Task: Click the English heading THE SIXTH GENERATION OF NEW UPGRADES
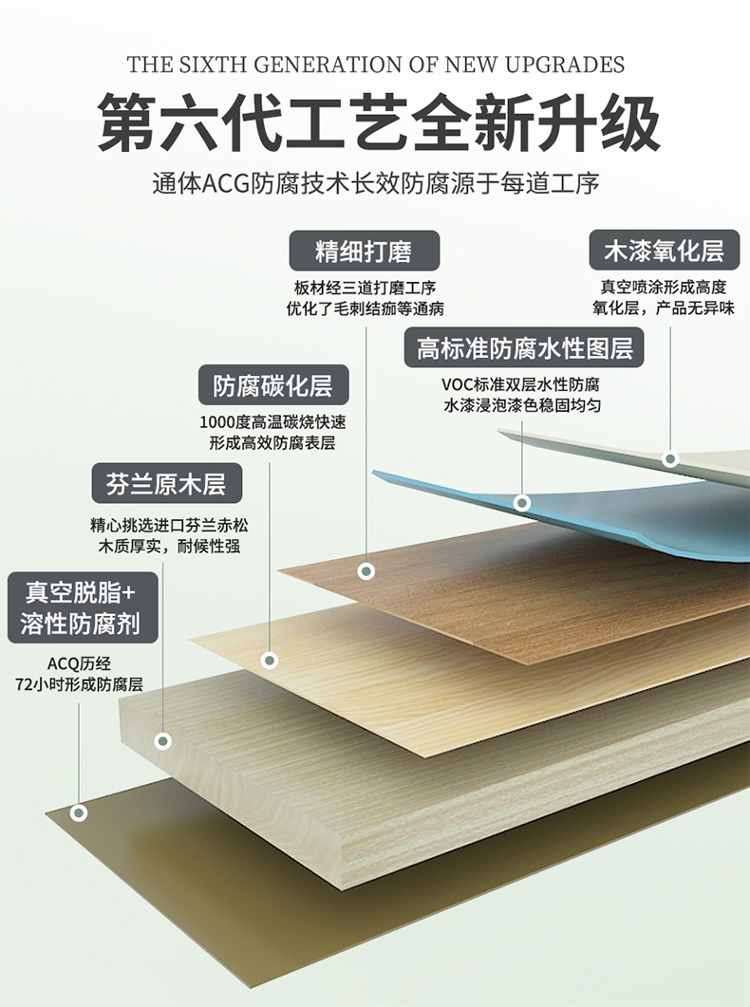point(376,65)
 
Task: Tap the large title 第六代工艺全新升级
point(376,122)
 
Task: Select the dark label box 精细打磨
point(365,251)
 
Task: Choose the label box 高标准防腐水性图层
point(524,348)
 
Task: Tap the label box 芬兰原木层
point(166,484)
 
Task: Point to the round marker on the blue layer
point(521,502)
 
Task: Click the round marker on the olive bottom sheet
point(79,812)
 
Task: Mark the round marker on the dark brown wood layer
point(366,570)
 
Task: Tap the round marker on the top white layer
point(670,459)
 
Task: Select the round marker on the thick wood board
point(163,740)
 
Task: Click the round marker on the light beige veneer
point(270,660)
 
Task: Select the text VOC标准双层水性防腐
point(521,385)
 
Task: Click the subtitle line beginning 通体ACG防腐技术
point(376,183)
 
